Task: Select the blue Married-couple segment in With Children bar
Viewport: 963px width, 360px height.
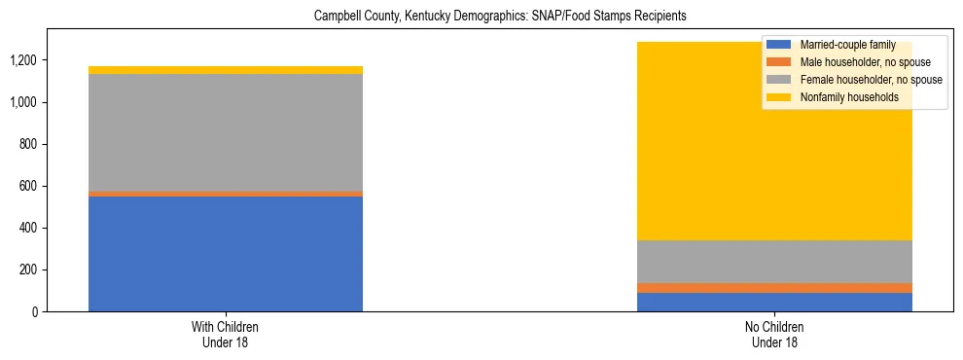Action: pos(226,253)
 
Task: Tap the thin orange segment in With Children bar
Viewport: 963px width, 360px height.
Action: pos(226,194)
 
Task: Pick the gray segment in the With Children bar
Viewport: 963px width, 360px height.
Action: pos(226,132)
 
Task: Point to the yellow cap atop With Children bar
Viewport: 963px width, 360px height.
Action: pos(226,70)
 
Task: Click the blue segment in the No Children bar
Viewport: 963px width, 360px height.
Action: pos(774,302)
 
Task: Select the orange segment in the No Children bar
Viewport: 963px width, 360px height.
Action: pos(774,288)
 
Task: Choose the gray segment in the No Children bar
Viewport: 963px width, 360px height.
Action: pos(774,262)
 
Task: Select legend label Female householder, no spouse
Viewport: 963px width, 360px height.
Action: pos(870,80)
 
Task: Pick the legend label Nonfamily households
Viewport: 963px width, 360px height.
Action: pos(848,97)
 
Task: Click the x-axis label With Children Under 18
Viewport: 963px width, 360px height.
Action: pos(226,335)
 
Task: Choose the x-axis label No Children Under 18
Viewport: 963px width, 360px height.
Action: pos(774,335)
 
